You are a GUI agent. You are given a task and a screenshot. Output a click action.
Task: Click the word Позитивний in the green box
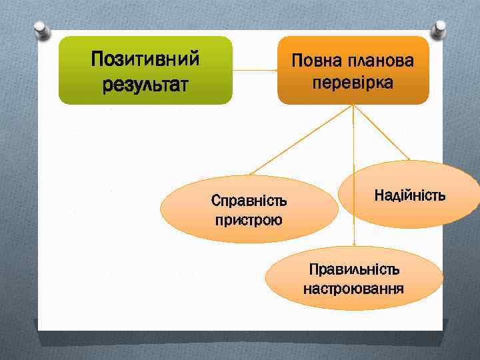[x=145, y=59]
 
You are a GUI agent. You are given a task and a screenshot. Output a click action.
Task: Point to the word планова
[x=381, y=61]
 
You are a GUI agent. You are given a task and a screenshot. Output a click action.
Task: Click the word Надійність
[x=409, y=195]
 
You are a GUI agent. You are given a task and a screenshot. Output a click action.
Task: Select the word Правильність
[x=354, y=269]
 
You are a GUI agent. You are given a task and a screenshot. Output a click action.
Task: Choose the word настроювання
[x=354, y=289]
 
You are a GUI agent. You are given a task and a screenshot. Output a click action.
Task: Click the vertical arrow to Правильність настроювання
[x=354, y=187]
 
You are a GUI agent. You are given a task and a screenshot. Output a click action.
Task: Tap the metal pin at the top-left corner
[x=40, y=29]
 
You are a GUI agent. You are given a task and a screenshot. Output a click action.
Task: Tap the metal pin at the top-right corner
[x=439, y=29]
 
